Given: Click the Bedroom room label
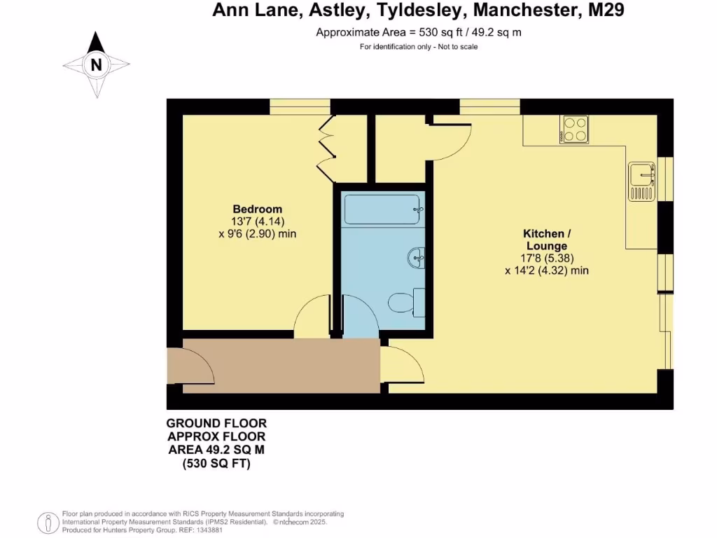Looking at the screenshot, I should [257, 209].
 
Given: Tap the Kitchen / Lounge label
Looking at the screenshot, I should [545, 240].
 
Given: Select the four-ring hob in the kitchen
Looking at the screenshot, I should [573, 129].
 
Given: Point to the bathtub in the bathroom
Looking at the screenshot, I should [383, 209].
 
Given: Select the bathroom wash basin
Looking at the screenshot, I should [416, 258].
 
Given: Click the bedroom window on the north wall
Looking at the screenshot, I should [300, 106].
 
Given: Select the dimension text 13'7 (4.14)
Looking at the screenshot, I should [257, 221].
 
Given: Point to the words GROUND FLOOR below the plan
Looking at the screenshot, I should [216, 423].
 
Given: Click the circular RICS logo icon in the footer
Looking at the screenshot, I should [48, 521].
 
